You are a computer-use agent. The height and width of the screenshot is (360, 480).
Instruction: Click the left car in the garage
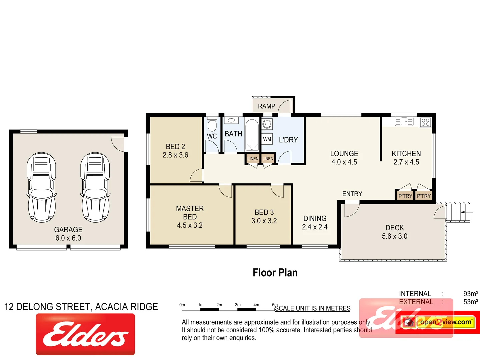[x=41, y=187]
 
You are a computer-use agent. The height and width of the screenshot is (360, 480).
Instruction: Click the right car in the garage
[x=95, y=187]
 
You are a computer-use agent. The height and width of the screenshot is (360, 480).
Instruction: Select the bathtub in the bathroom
[x=252, y=135]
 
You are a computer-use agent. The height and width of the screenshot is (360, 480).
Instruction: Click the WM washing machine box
[x=267, y=139]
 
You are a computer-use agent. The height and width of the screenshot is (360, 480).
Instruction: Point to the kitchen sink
[x=404, y=122]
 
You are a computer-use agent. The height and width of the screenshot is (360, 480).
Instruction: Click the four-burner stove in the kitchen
[x=425, y=122]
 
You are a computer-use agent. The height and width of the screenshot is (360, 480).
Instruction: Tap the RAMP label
[x=266, y=106]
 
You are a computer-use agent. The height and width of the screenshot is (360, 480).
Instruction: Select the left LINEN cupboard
[x=253, y=159]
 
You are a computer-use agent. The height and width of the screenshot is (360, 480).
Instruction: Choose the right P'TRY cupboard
[x=424, y=196]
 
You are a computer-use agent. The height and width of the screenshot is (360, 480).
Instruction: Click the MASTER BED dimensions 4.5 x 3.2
[x=190, y=225]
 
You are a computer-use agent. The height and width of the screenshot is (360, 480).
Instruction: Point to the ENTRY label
[x=352, y=194]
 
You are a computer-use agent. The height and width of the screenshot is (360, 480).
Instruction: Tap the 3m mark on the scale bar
[x=238, y=305]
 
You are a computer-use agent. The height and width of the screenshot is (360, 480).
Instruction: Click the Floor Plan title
[x=275, y=273]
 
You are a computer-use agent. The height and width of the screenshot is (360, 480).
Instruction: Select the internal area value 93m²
[x=470, y=294]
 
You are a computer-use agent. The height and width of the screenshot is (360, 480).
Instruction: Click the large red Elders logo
[x=85, y=334]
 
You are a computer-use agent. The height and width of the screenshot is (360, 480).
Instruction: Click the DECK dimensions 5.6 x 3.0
[x=394, y=236]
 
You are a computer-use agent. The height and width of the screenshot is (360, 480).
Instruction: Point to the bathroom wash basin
[x=231, y=120]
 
